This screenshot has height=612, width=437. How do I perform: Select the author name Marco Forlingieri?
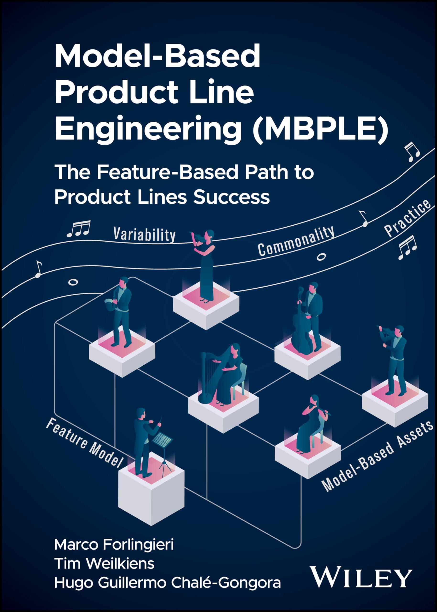click(x=114, y=545)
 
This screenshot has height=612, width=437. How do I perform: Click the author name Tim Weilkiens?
click(x=104, y=563)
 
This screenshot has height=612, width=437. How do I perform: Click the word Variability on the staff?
click(x=144, y=234)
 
